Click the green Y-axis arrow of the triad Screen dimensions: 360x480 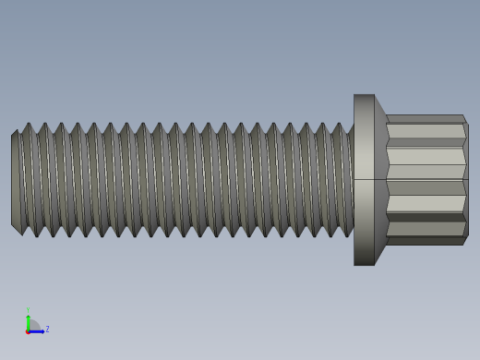tap(28, 320)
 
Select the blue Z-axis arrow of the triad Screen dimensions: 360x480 tap(38, 330)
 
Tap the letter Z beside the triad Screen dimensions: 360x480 tap(47, 329)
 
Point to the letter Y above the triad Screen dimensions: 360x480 tap(28, 311)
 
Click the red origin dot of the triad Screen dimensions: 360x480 tap(28, 330)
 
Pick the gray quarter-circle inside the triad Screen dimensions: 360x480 tap(32, 326)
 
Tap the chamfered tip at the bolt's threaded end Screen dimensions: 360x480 tap(16, 180)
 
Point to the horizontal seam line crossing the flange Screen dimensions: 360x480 tap(364, 179)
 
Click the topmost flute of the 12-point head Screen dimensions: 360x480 tap(425, 119)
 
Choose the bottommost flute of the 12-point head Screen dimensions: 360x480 tap(425, 241)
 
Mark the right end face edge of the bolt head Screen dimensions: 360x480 tap(466, 180)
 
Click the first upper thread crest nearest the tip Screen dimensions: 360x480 tap(28, 126)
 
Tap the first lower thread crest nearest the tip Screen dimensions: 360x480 tap(37, 234)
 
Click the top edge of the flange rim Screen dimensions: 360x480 tap(364, 94)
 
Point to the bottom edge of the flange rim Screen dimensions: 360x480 tap(364, 265)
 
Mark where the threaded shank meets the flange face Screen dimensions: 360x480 tap(353, 180)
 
